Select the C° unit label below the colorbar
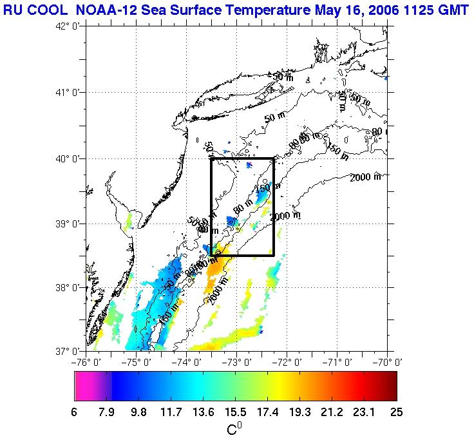click(x=234, y=428)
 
